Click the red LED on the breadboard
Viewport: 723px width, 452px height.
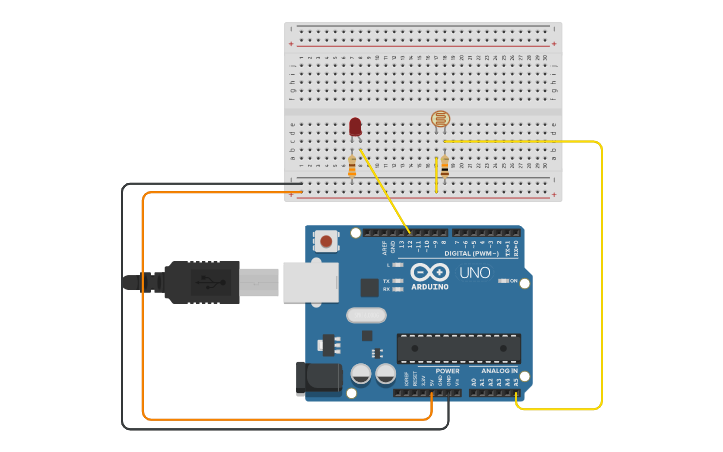pyautogui.click(x=355, y=126)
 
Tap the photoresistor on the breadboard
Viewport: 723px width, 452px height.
pyautogui.click(x=439, y=120)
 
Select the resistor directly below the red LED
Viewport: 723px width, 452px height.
pyautogui.click(x=352, y=166)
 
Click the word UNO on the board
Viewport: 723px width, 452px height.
pyautogui.click(x=474, y=272)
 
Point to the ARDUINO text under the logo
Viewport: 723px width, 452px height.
pyautogui.click(x=429, y=287)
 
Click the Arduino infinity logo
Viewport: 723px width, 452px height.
pyautogui.click(x=429, y=272)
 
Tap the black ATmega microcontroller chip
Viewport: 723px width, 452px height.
pyautogui.click(x=458, y=348)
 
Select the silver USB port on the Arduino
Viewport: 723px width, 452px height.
pyautogui.click(x=310, y=282)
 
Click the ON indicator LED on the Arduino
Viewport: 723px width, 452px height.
pyautogui.click(x=503, y=281)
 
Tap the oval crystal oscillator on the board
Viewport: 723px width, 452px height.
pyautogui.click(x=366, y=316)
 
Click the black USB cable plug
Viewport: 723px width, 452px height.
pyautogui.click(x=199, y=282)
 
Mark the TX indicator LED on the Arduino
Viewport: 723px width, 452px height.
pyautogui.click(x=398, y=281)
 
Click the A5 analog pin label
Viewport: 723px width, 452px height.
pyautogui.click(x=515, y=381)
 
